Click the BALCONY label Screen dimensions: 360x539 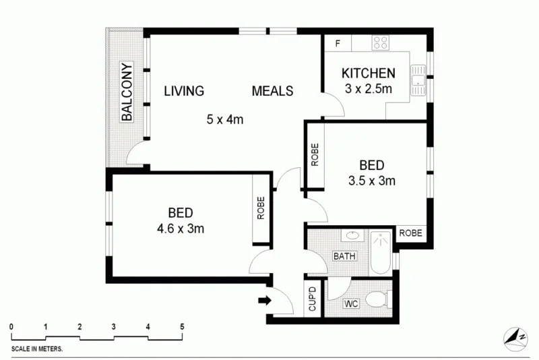126,92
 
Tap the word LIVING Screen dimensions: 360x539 184,91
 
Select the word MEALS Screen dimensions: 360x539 273,91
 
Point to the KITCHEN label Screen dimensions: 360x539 368,73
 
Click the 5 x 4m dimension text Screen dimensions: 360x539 224,120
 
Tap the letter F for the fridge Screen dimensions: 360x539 338,43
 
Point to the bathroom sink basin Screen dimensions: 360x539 351,236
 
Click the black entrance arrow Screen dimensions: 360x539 266,300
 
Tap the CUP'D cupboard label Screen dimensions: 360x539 313,299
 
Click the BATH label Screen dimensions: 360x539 344,256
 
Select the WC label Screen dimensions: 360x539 350,304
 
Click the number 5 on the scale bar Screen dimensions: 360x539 182,327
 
